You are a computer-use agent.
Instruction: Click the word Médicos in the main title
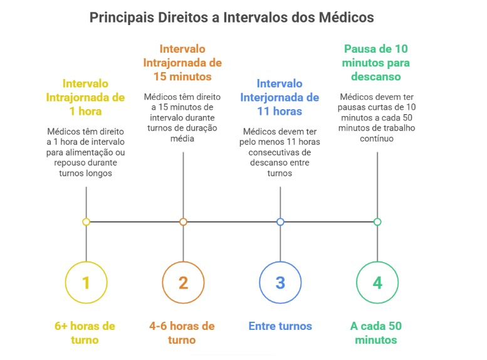click(x=347, y=18)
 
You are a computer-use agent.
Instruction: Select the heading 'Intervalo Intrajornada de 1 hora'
click(x=85, y=97)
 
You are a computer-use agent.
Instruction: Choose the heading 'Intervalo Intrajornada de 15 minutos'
click(x=182, y=63)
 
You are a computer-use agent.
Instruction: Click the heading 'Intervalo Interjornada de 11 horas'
click(x=280, y=97)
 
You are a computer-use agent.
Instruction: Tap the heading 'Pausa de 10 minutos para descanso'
click(x=376, y=63)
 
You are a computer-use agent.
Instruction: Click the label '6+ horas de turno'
click(x=85, y=332)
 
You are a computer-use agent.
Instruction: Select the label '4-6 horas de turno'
click(x=182, y=332)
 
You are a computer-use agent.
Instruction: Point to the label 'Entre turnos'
click(x=280, y=326)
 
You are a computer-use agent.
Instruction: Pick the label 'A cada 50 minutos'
click(x=376, y=332)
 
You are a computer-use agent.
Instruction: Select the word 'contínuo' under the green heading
click(x=377, y=139)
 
